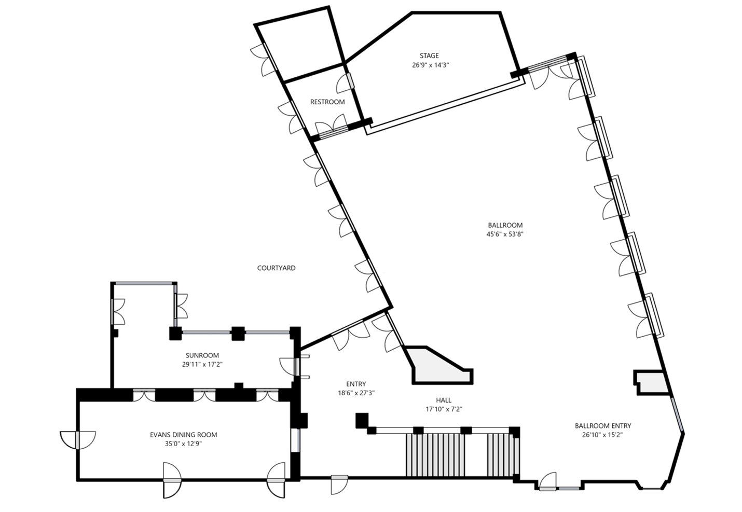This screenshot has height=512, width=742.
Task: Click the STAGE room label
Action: click(x=429, y=56)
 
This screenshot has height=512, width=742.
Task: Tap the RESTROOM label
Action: click(x=327, y=102)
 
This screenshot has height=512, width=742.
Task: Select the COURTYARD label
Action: click(x=276, y=268)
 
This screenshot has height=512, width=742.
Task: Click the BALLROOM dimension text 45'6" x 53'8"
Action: click(x=505, y=234)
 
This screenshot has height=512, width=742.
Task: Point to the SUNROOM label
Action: click(x=202, y=355)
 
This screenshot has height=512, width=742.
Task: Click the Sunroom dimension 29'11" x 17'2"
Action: click(x=202, y=365)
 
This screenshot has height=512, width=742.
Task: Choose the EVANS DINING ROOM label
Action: click(x=184, y=435)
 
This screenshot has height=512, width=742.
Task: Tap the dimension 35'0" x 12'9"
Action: click(x=184, y=444)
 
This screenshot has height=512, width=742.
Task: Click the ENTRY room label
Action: click(x=356, y=384)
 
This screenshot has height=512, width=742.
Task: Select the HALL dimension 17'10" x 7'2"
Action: click(x=444, y=409)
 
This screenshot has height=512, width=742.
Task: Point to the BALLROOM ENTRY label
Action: click(x=603, y=425)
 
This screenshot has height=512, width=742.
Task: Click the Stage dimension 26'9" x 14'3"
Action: click(x=430, y=65)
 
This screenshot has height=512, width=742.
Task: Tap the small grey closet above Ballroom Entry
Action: click(x=652, y=383)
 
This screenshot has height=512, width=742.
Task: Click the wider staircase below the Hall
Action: click(x=435, y=455)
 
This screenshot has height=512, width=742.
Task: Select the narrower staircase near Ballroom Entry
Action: click(x=503, y=455)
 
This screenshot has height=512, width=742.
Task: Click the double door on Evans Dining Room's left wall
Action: click(x=78, y=440)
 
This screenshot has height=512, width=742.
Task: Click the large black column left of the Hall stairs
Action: click(x=362, y=421)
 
